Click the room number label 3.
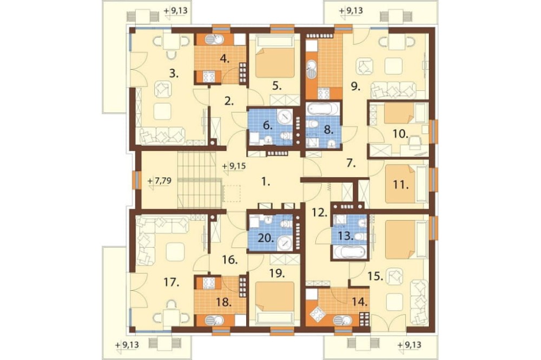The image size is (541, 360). [174, 74]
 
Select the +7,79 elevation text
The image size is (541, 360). [160, 181]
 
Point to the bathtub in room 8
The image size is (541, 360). [320, 109]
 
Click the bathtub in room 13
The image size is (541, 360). [349, 252]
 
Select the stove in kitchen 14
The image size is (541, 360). [317, 314]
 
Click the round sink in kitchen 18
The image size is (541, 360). [210, 321]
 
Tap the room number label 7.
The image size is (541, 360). [351, 164]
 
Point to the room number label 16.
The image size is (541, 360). [230, 259]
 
